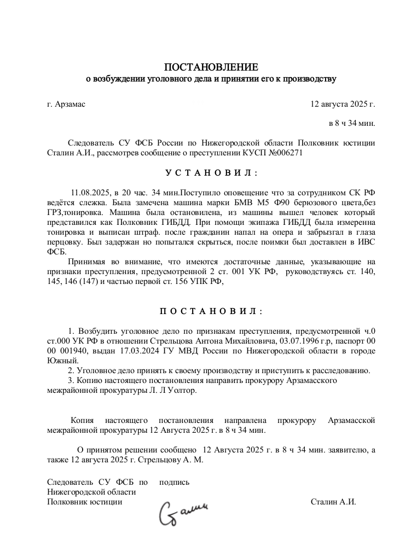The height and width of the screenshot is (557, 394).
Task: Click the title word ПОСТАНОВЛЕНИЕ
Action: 211,67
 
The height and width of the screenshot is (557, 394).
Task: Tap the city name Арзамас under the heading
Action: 71,103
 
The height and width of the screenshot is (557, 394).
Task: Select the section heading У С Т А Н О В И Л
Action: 211,173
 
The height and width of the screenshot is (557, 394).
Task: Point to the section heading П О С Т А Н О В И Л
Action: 211,311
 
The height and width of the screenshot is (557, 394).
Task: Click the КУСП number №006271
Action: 280,153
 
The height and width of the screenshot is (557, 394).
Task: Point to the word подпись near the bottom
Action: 174,482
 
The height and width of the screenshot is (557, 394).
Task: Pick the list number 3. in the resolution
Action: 71,380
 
